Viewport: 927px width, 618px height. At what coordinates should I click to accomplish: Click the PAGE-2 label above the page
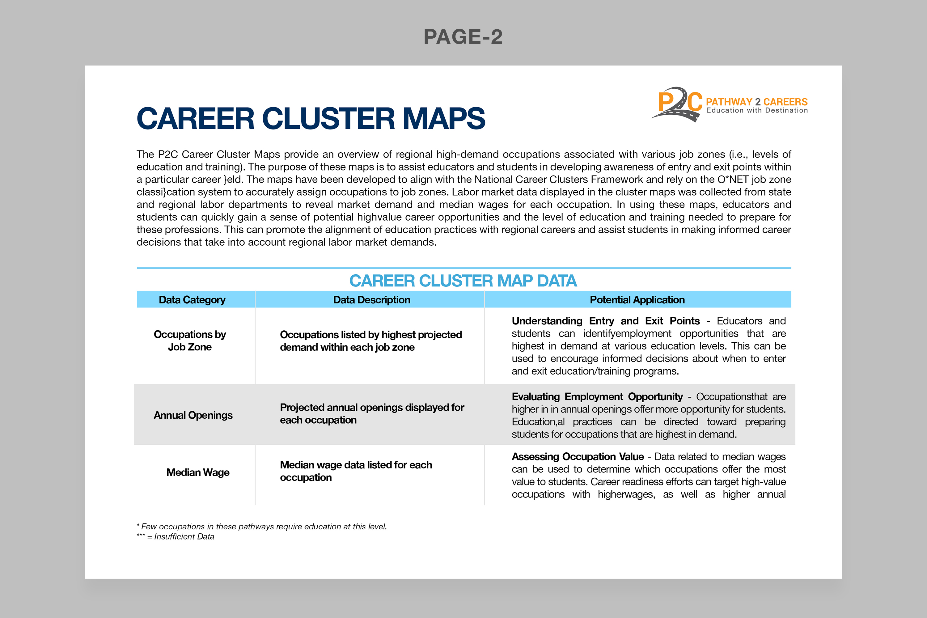pos(463,37)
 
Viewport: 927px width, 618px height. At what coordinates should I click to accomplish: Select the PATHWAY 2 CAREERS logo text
pos(756,102)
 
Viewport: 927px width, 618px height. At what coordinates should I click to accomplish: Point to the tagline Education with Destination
pos(757,111)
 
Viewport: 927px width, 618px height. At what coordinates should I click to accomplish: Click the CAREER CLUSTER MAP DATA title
pos(463,281)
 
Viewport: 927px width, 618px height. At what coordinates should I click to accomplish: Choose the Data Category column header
pos(192,300)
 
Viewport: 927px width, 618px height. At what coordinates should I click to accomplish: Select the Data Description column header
pos(371,300)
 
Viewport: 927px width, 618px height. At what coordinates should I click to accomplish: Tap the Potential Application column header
pos(637,300)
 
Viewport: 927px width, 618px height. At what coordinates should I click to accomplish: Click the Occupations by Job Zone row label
pos(190,341)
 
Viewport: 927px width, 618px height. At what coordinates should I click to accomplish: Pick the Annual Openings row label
pos(193,415)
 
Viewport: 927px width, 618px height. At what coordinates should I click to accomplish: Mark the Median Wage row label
pos(197,472)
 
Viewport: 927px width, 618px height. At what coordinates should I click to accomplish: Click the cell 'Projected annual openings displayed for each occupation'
pos(372,413)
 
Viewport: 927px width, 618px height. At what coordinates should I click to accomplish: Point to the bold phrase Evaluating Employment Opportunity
pos(597,396)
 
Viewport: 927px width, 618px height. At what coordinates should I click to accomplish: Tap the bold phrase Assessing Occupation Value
pos(578,456)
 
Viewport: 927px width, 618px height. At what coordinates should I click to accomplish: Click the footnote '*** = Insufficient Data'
pos(176,537)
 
